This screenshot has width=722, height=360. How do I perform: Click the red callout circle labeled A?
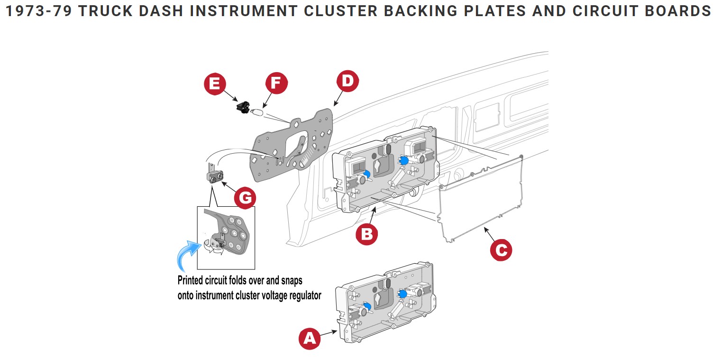(x=309, y=338)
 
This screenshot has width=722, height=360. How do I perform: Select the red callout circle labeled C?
(x=501, y=249)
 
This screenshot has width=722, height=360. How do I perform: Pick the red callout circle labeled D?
(x=347, y=81)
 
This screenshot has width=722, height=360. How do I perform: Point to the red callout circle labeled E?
(x=215, y=84)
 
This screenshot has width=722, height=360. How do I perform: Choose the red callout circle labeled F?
(x=276, y=84)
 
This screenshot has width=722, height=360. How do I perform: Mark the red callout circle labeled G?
(x=245, y=198)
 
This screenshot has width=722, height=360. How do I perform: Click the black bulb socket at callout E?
(x=244, y=107)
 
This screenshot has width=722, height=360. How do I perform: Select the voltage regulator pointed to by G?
(x=214, y=176)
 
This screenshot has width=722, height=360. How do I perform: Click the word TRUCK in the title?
(x=100, y=11)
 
